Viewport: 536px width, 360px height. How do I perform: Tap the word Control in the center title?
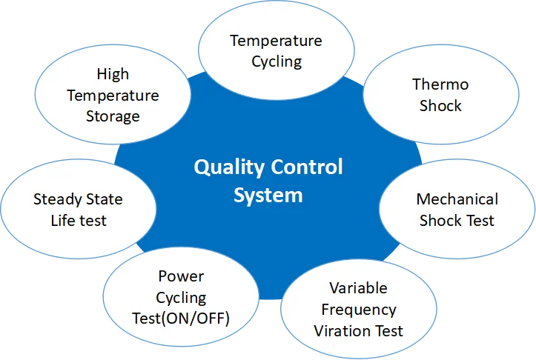pos(306,167)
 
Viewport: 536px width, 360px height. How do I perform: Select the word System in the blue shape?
pos(268,196)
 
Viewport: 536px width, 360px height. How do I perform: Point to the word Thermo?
pos(440,84)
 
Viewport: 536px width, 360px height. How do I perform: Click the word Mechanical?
pos(457,199)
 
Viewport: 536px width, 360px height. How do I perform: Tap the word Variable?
pos(358,288)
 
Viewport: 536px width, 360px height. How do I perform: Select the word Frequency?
pos(358,309)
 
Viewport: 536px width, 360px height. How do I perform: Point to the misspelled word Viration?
pos(343,330)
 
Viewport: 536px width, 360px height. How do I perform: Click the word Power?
pos(181,276)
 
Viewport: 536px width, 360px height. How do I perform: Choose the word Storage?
pos(112,116)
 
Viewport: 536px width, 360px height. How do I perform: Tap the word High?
pos(112,74)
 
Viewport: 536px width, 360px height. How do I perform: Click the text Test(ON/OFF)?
pos(181,319)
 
